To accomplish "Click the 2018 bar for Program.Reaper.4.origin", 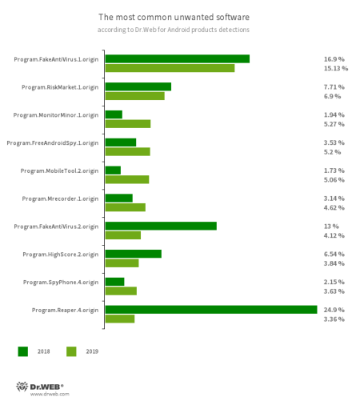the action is tap(211, 310).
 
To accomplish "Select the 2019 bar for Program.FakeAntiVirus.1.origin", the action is tap(170, 68).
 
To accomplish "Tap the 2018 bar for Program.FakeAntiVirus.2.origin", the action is tap(161, 226).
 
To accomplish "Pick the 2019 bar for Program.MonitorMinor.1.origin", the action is tap(128, 124).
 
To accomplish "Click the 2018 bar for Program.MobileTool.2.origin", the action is tap(113, 170).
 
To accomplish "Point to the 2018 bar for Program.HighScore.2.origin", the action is tap(134, 254).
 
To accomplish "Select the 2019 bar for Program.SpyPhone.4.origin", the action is tap(121, 291).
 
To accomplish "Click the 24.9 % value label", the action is tap(334, 310).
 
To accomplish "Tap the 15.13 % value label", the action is tap(336, 68).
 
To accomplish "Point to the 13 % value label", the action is tap(331, 227).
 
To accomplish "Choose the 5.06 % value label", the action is tap(334, 180).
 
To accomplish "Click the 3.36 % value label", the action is tap(334, 319).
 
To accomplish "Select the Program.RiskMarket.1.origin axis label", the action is tap(60, 87).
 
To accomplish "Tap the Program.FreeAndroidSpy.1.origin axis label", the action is tap(53, 143).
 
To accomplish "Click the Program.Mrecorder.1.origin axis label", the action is tap(60, 199).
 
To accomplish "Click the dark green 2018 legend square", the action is tap(23, 351).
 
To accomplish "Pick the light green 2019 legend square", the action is tap(71, 351).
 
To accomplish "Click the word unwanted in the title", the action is tap(194, 17).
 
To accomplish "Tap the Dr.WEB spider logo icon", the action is tap(22, 387).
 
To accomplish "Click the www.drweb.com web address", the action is tap(50, 394).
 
